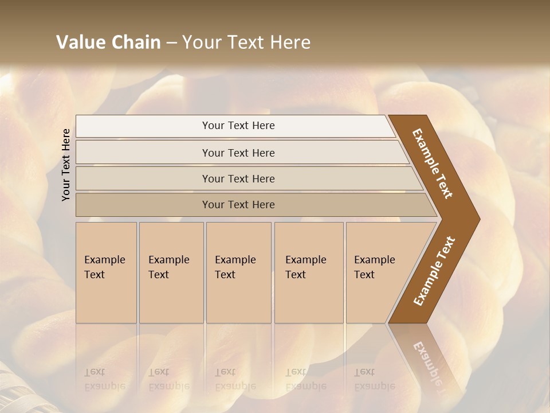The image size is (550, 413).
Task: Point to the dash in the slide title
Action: [x=171, y=43]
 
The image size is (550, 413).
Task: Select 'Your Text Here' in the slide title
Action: [x=246, y=42]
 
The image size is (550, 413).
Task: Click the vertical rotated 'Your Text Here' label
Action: [x=66, y=165]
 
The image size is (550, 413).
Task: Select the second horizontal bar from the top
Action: [x=238, y=153]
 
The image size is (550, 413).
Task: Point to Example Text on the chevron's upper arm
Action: [x=433, y=163]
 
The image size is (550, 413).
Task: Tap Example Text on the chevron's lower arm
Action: [x=434, y=271]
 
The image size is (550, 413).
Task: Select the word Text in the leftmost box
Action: [x=95, y=275]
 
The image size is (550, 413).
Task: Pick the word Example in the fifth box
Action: [x=375, y=260]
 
